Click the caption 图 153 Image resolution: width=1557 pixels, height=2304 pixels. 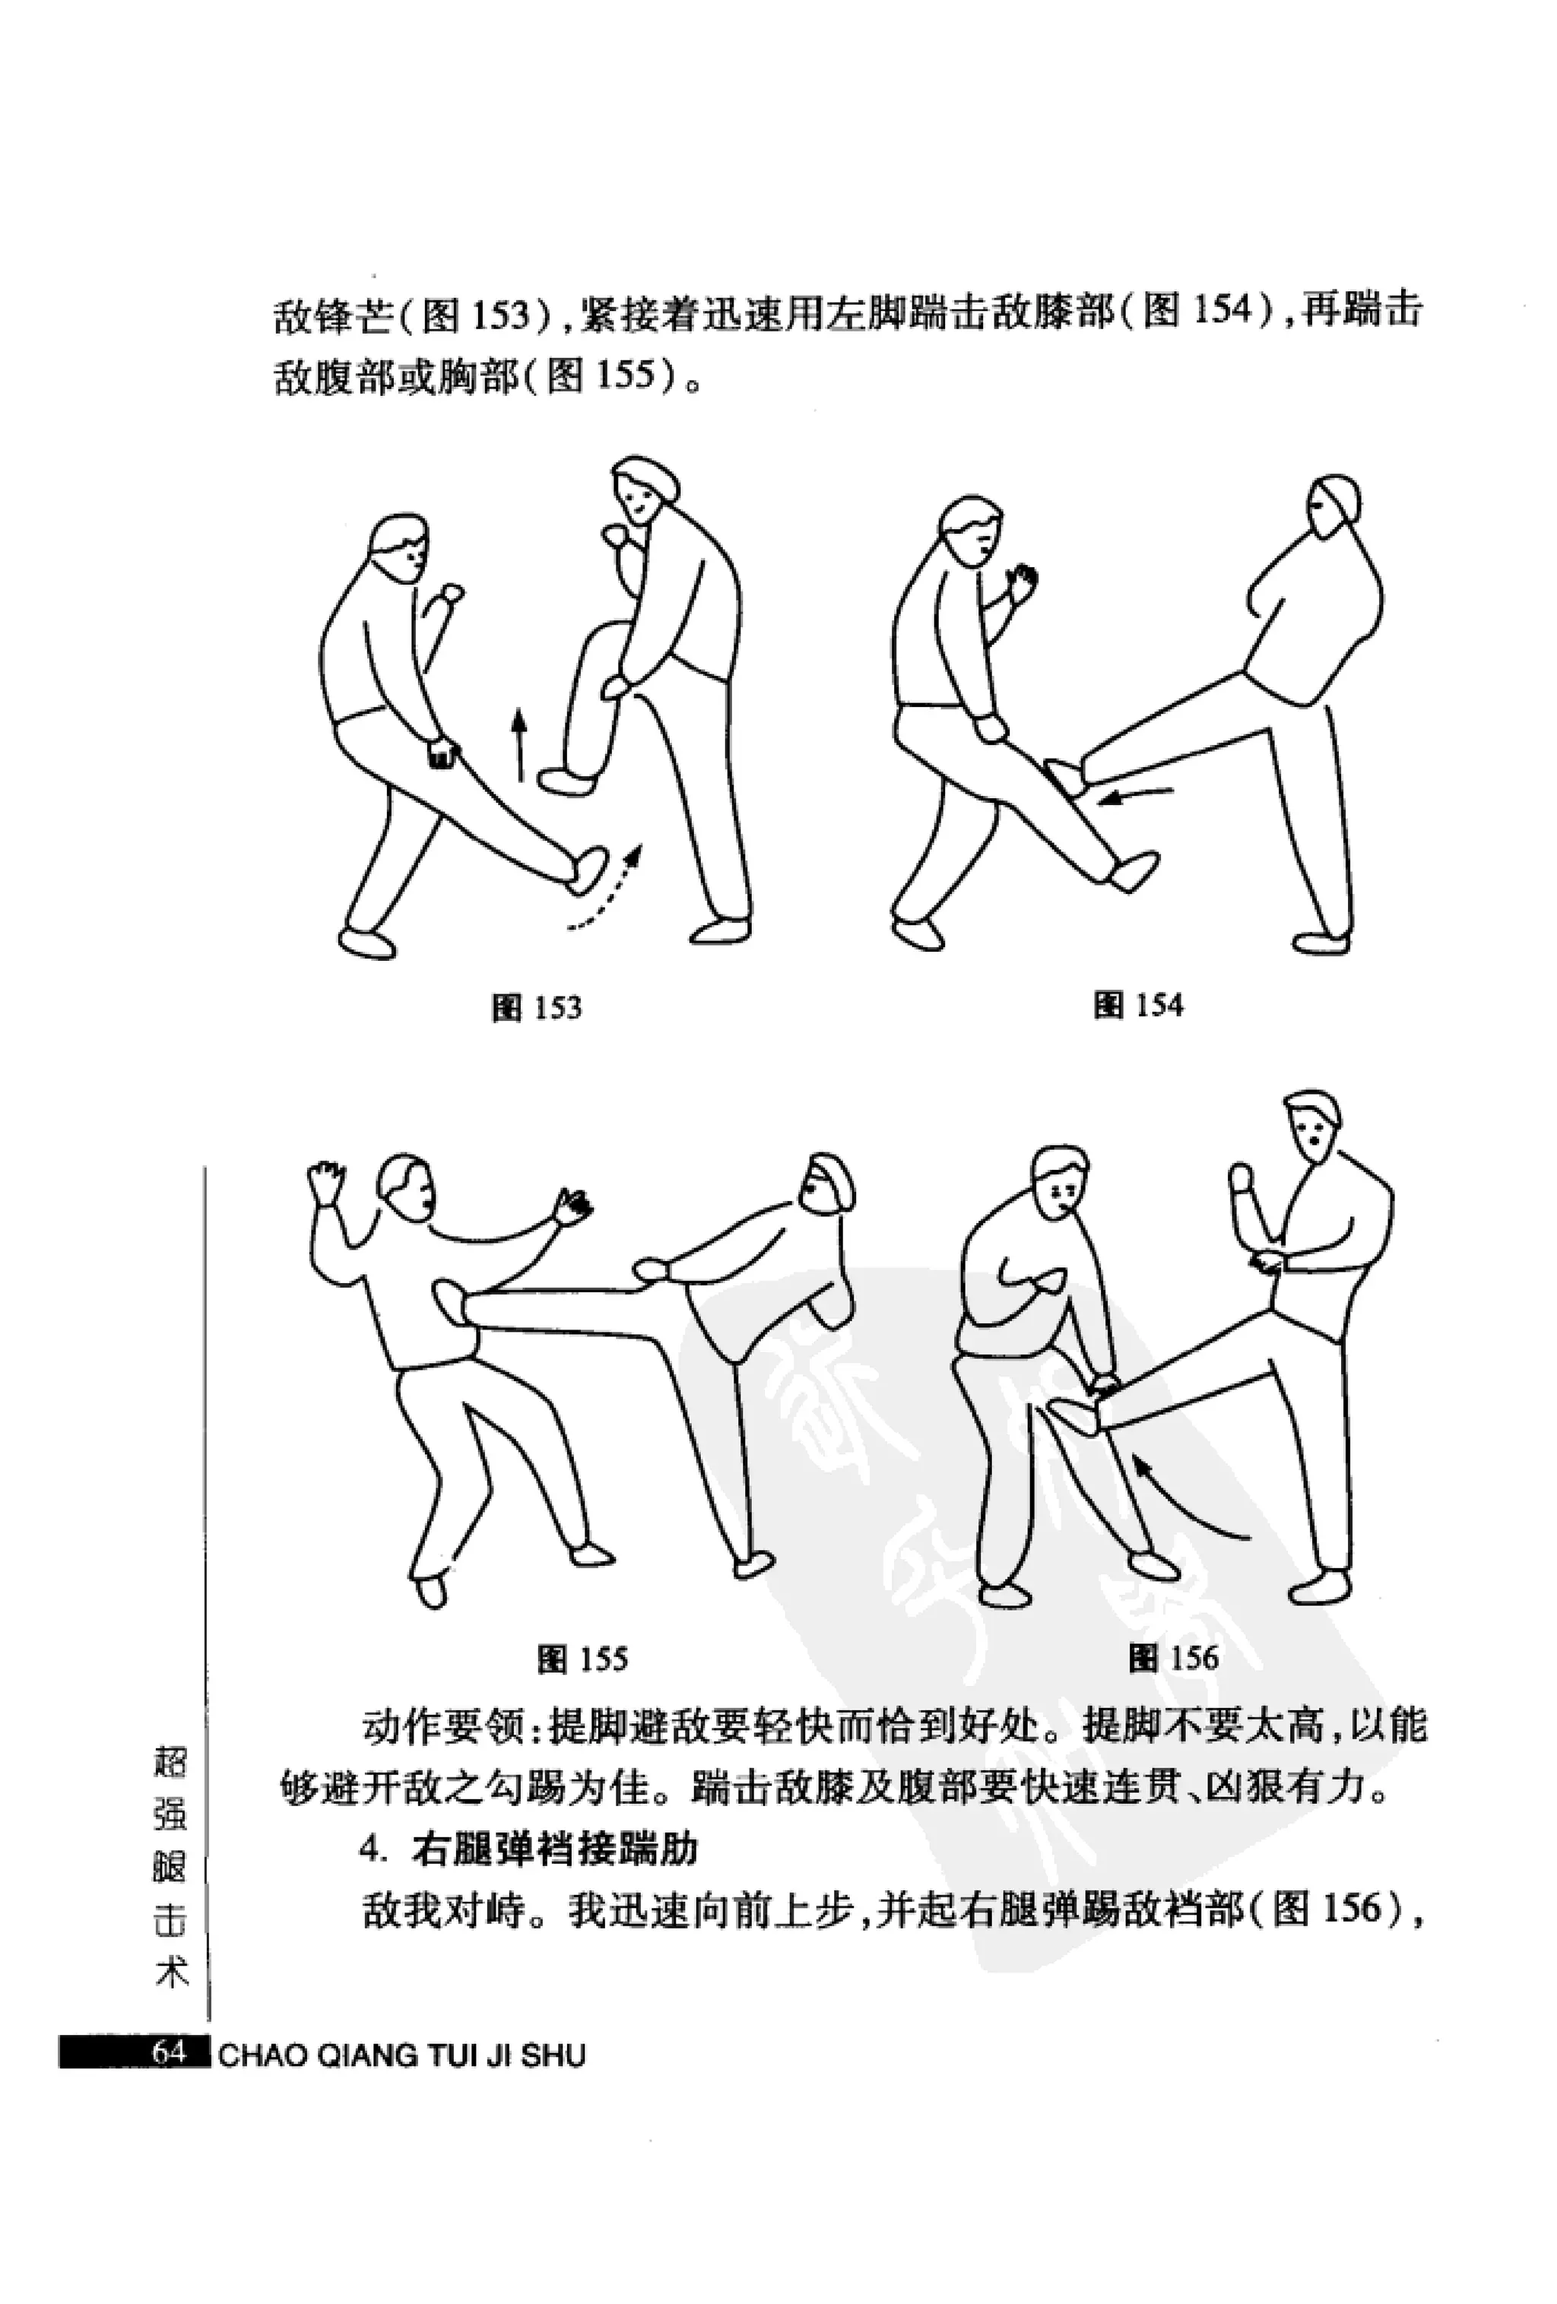tap(537, 1007)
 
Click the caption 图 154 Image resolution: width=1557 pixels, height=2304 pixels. tap(1139, 1004)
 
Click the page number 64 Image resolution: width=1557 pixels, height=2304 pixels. tap(169, 2051)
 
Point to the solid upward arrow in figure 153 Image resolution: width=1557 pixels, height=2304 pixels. tap(517, 743)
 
